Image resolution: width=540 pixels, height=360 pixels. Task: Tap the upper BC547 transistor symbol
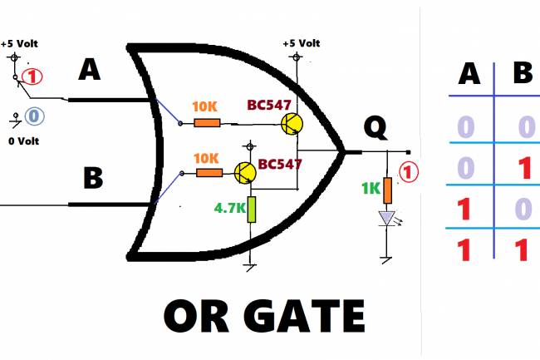pyautogui.click(x=291, y=124)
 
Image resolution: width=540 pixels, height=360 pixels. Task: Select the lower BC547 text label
pyautogui.click(x=279, y=164)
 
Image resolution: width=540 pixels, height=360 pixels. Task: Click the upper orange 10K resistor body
pyautogui.click(x=206, y=123)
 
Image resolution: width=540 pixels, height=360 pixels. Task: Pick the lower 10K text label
pyautogui.click(x=208, y=157)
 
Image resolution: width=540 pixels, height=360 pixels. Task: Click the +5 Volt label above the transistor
pyautogui.click(x=300, y=43)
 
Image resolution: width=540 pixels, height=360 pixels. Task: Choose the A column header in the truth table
pyautogui.click(x=470, y=75)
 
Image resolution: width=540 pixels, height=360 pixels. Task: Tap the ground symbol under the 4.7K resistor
pyautogui.click(x=250, y=265)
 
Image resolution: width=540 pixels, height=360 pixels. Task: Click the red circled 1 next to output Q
pyautogui.click(x=410, y=172)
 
